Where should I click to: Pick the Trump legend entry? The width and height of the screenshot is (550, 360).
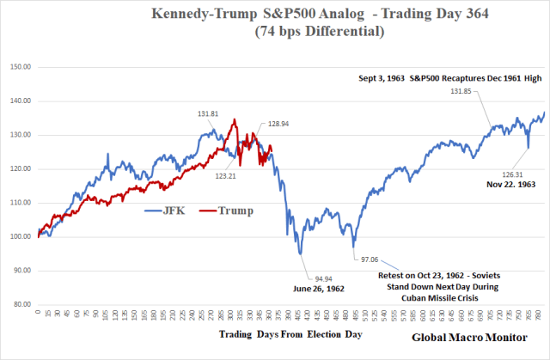click(x=223, y=210)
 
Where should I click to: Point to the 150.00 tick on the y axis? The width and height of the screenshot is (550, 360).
click(x=20, y=67)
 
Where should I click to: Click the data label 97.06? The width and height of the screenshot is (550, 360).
click(x=370, y=258)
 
